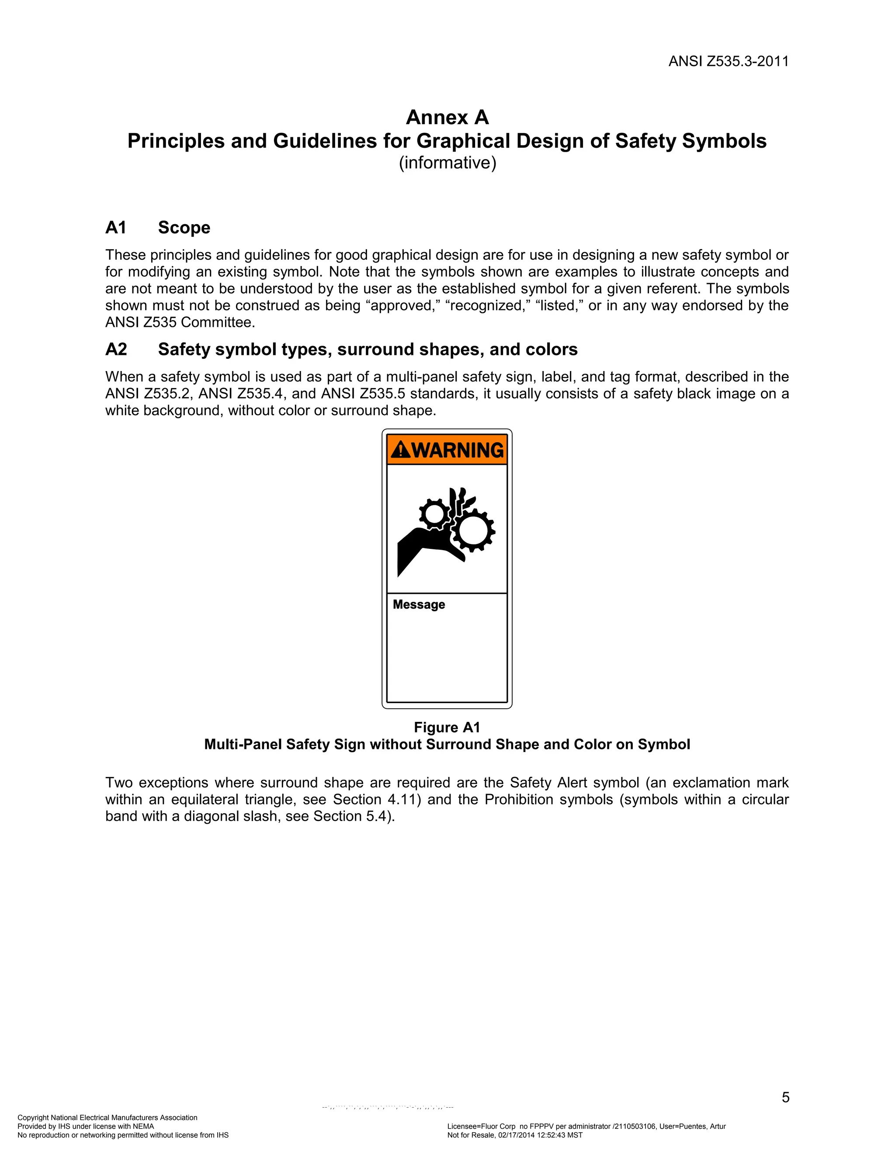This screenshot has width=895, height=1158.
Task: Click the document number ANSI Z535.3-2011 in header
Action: click(728, 62)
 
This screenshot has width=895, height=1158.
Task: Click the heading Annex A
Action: click(447, 117)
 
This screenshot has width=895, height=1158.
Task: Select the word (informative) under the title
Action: click(447, 163)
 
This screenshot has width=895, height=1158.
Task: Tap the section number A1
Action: click(115, 228)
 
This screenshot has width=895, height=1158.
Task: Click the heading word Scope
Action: click(184, 228)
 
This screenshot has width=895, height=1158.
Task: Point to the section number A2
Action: click(116, 350)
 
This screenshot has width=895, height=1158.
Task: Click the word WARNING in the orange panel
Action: click(458, 450)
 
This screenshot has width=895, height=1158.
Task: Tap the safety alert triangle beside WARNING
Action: click(401, 450)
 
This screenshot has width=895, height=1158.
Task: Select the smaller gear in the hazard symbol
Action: click(435, 513)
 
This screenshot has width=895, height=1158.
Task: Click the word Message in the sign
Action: click(418, 604)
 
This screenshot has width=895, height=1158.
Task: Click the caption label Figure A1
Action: click(447, 728)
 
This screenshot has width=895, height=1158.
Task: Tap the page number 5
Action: click(785, 1098)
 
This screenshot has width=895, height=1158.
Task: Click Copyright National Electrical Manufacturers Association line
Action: click(107, 1118)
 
